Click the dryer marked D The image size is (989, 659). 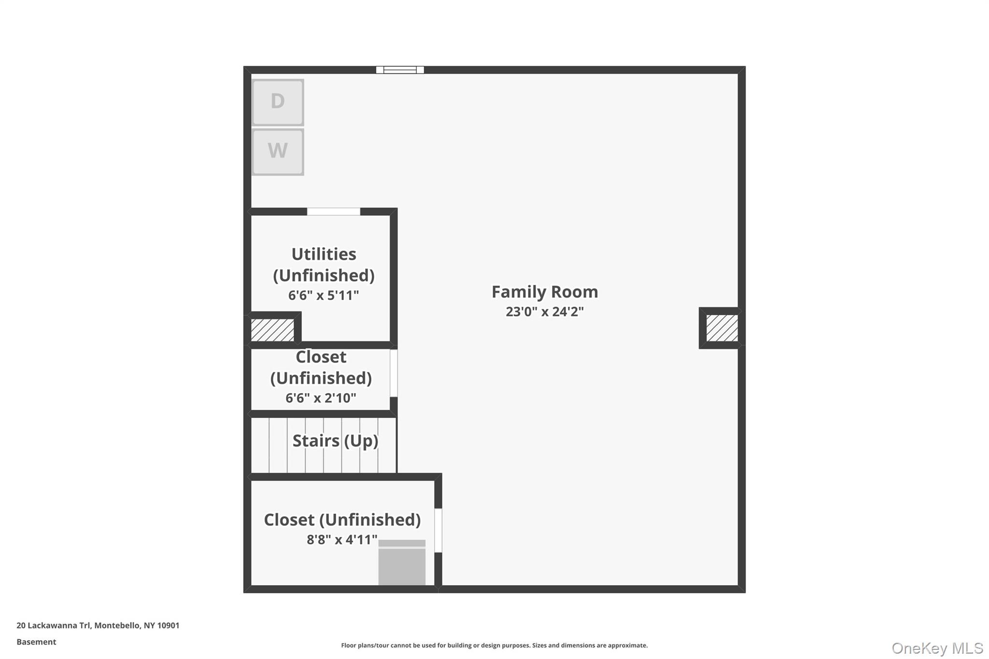tap(278, 102)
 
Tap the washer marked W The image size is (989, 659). tap(278, 152)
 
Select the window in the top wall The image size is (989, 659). tap(400, 70)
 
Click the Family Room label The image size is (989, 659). tap(545, 292)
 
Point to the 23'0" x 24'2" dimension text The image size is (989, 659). tap(545, 312)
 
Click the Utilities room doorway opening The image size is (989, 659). tap(334, 211)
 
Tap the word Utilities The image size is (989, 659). tap(324, 254)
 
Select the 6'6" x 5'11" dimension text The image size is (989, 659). tap(324, 295)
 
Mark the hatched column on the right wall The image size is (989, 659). tap(722, 328)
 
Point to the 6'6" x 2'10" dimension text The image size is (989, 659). tap(321, 398)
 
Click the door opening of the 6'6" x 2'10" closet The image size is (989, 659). tap(394, 373)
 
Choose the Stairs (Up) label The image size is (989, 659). tap(335, 441)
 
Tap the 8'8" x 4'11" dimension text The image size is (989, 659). tap(342, 540)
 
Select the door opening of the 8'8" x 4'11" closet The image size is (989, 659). tap(438, 530)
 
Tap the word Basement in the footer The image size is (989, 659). tap(36, 642)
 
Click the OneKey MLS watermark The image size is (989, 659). tap(937, 648)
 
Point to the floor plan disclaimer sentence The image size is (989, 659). tap(494, 645)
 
